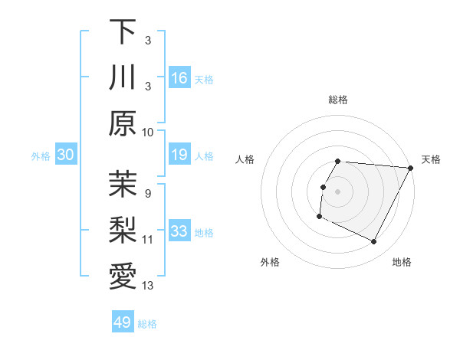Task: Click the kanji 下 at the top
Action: tap(123, 31)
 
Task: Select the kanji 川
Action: tap(123, 77)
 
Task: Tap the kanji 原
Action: tap(123, 123)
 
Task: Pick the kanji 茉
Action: tap(123, 183)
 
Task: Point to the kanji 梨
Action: tap(123, 229)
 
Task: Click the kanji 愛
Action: tap(123, 275)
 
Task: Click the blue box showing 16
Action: tap(179, 77)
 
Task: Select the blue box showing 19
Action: tap(179, 155)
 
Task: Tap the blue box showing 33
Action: tap(179, 231)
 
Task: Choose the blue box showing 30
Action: tap(66, 155)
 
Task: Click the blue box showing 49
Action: tap(123, 322)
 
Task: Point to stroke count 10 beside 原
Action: tap(148, 132)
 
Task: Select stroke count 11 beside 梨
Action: tap(148, 239)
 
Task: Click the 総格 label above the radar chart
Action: tap(338, 100)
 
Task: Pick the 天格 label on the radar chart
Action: tap(431, 159)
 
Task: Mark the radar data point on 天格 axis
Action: tap(411, 168)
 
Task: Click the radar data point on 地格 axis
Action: tap(374, 242)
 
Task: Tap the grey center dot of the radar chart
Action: tap(338, 191)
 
